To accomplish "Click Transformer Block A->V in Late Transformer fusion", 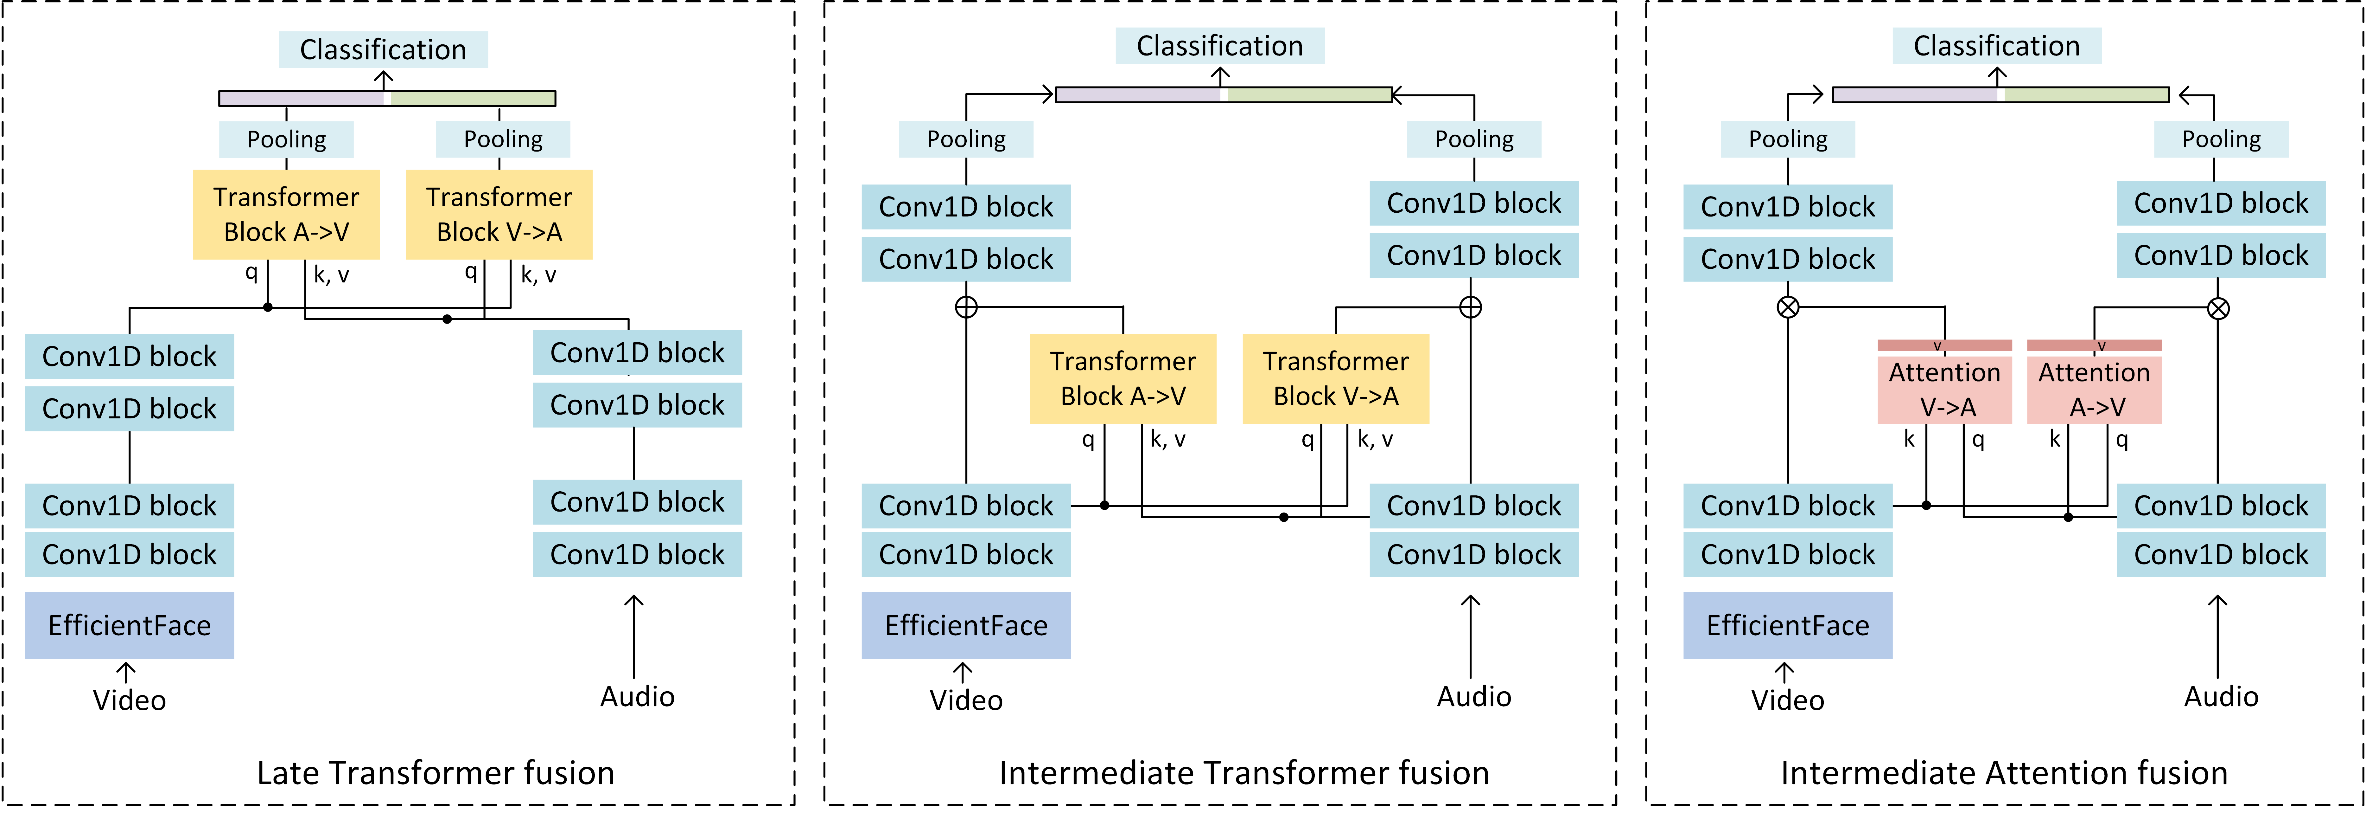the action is (287, 214).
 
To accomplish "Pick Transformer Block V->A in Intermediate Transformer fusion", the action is (1335, 378).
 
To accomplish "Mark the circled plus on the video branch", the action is (966, 307).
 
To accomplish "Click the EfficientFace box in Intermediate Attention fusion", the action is (1787, 626).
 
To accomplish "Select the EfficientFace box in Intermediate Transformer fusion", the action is (966, 626).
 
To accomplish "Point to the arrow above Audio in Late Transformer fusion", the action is (634, 637).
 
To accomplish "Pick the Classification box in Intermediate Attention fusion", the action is (1997, 46).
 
